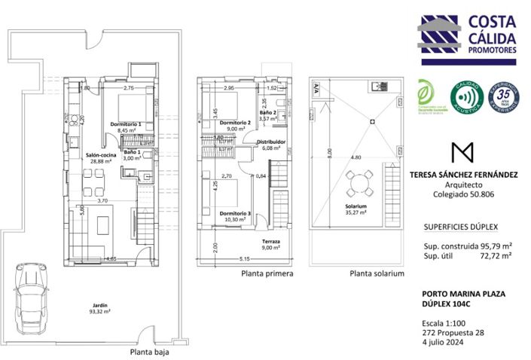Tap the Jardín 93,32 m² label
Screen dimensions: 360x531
click(x=96, y=307)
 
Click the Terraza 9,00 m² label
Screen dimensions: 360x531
click(x=270, y=244)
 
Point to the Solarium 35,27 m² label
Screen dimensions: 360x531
click(x=356, y=209)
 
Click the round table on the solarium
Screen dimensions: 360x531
click(x=359, y=182)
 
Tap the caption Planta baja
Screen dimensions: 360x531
click(x=149, y=352)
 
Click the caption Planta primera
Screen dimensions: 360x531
click(x=267, y=274)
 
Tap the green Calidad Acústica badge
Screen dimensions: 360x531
click(x=465, y=98)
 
